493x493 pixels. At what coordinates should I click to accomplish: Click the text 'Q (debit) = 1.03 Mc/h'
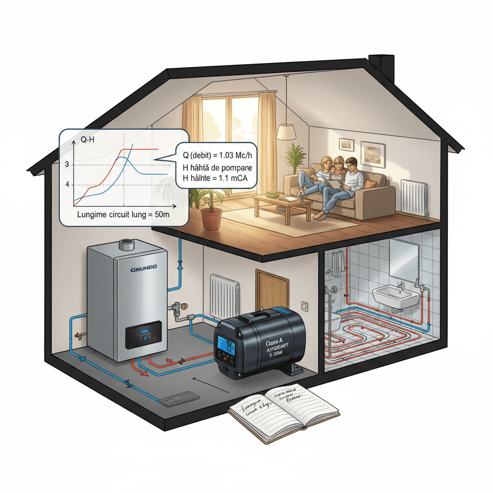[x=218, y=155]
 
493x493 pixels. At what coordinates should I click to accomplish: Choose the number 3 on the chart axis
[x=67, y=165]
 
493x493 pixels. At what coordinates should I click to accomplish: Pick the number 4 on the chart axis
[x=67, y=184]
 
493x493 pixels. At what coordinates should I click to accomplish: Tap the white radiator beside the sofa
[x=414, y=197]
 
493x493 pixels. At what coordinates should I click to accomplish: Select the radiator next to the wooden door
[x=225, y=296]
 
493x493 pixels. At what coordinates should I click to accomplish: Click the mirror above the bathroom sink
[x=403, y=260]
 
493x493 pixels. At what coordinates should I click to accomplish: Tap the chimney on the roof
[x=382, y=68]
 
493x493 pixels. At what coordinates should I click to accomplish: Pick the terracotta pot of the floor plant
[x=211, y=218]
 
